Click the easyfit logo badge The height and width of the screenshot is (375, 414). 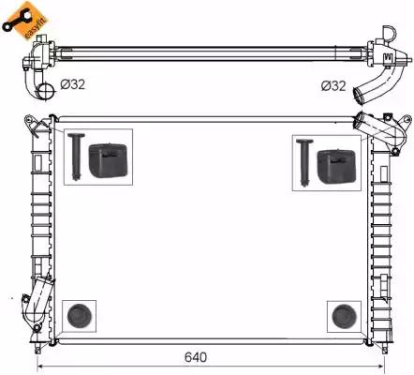click(x=24, y=20)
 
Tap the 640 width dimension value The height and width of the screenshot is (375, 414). click(x=196, y=357)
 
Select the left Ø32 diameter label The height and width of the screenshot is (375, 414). click(x=73, y=84)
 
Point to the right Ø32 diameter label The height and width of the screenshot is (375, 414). click(x=333, y=86)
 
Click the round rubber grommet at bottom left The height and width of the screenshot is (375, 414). click(x=79, y=316)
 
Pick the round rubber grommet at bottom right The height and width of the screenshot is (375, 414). click(x=345, y=317)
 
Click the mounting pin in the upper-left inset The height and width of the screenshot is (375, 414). click(x=76, y=157)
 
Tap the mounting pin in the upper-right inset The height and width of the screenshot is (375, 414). click(x=304, y=163)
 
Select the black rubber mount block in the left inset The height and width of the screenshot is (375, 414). click(x=109, y=160)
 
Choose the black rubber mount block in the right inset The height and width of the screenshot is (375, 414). click(x=336, y=167)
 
